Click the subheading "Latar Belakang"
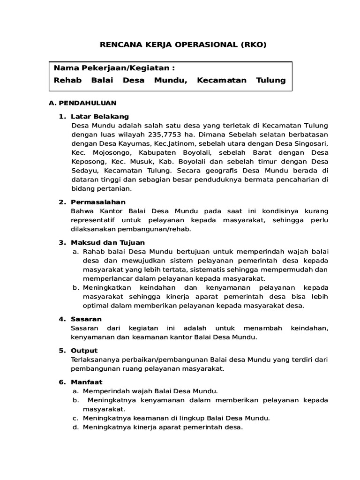pyautogui.click(x=99, y=116)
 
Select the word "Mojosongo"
pyautogui.click(x=108, y=152)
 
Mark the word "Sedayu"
pyautogui.click(x=84, y=171)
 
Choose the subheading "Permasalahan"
pyautogui.click(x=98, y=202)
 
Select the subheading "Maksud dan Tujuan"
pyautogui.click(x=108, y=242)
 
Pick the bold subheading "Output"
pyautogui.click(x=84, y=351)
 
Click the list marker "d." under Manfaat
pyautogui.click(x=75, y=427)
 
